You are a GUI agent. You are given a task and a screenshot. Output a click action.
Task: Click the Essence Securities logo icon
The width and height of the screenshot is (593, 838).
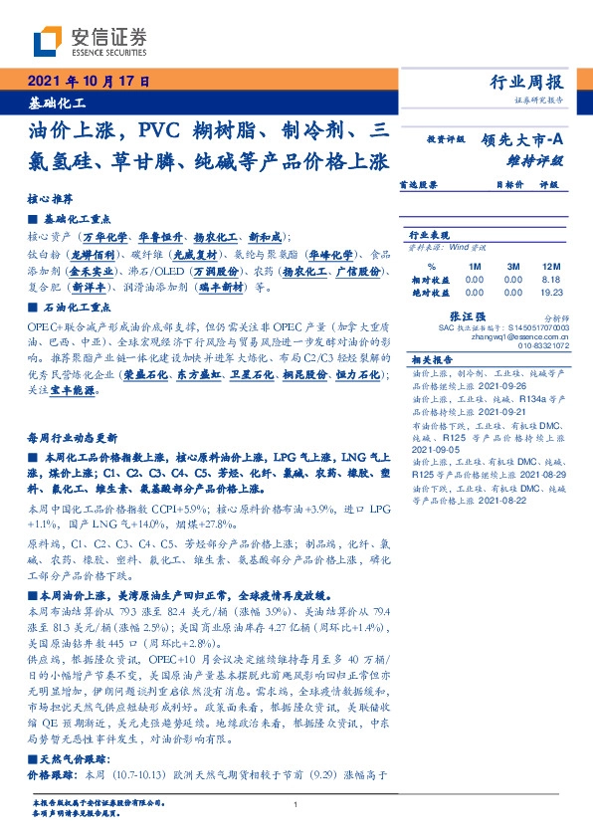coord(48,42)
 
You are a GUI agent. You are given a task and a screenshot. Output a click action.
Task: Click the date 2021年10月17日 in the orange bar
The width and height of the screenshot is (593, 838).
coord(88,82)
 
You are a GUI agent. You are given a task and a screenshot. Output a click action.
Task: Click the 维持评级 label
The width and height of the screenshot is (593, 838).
coord(537,159)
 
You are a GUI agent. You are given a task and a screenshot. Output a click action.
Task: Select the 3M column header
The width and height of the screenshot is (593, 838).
coord(513,267)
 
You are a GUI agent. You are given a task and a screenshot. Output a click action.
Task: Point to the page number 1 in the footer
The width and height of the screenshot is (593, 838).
coord(296,804)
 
